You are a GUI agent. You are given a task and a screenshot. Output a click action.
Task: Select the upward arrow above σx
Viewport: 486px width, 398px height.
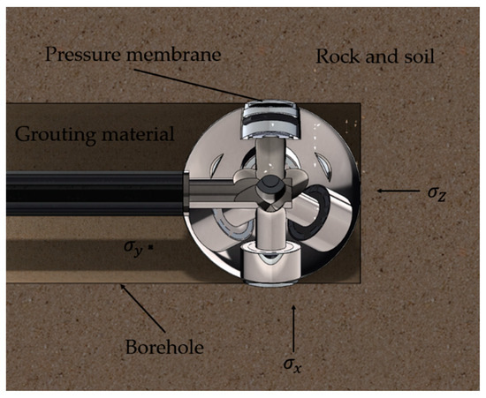(291, 321)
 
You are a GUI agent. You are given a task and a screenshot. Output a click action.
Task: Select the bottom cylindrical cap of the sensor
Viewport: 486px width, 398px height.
(263, 265)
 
